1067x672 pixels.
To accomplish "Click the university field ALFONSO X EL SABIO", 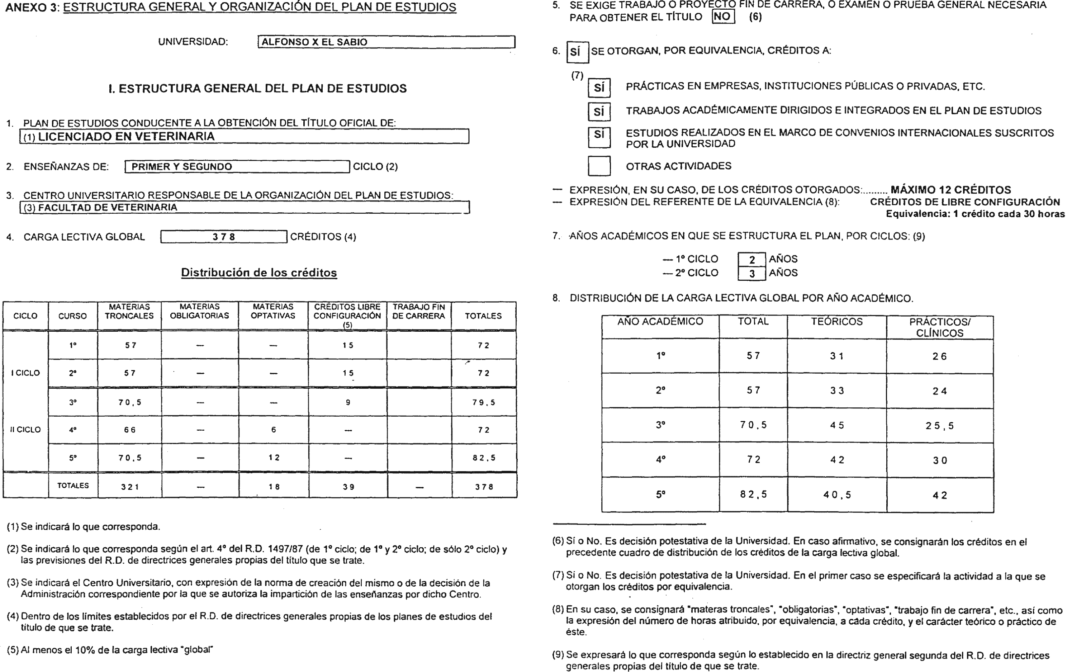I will (x=385, y=42).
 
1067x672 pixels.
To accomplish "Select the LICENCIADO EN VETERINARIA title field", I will (x=244, y=137).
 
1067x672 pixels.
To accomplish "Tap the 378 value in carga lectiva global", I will (x=223, y=237).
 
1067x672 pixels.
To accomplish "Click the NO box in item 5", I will (x=723, y=17).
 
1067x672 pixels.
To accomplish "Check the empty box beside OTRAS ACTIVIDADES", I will (x=599, y=166).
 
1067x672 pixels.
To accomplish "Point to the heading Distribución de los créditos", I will (x=259, y=273).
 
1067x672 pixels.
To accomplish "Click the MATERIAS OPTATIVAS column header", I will (x=273, y=312).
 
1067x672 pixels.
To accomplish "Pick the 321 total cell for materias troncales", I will (x=130, y=487).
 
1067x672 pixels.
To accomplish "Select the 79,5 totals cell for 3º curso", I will (x=483, y=402).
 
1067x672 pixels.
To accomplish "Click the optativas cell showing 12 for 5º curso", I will (x=274, y=458).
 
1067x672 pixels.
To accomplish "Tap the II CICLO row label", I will (x=25, y=430).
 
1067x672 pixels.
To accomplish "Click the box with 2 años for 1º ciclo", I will (x=751, y=260).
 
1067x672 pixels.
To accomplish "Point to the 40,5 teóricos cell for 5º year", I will (x=836, y=495).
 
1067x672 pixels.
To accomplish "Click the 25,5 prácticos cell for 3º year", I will (x=939, y=426).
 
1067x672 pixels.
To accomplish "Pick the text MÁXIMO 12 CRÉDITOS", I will (x=950, y=190).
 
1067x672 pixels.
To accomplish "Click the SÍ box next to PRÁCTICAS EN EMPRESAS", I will (x=599, y=88).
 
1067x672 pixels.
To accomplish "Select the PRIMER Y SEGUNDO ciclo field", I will (x=237, y=167).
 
